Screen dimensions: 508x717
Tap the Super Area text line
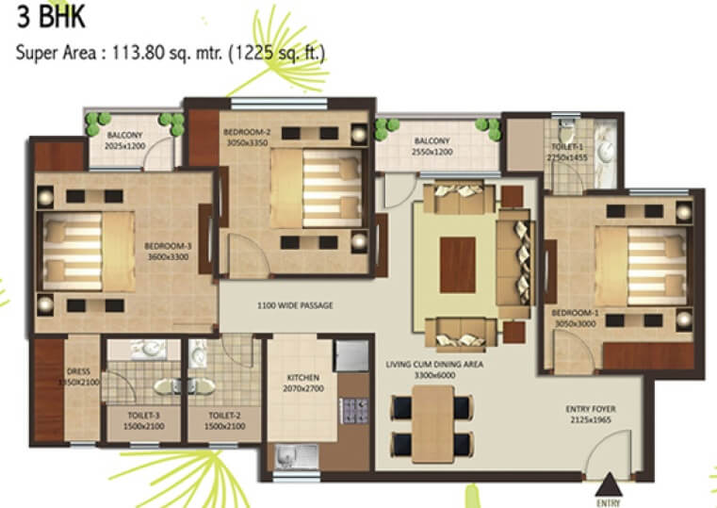coord(171,53)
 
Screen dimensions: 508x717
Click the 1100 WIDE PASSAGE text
coord(295,305)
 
